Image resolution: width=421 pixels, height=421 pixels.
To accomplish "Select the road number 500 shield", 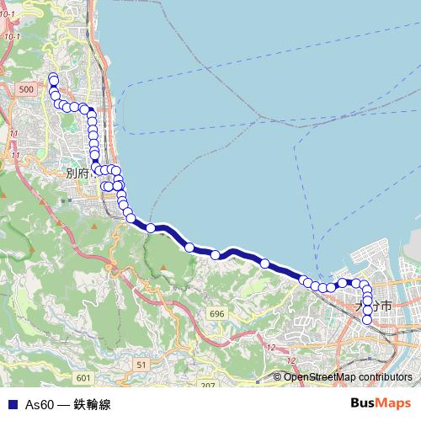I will (x=27, y=89).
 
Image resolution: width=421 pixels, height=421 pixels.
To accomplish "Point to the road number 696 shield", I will (x=217, y=313).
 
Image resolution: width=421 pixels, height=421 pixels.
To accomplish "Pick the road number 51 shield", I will (x=141, y=364).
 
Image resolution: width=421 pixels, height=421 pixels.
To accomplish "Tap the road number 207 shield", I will (x=207, y=385).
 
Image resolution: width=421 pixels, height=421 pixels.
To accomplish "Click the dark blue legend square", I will (x=12, y=405).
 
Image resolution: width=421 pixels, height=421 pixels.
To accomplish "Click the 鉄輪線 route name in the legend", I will (x=92, y=405).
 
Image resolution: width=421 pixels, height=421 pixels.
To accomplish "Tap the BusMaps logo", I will (x=381, y=404).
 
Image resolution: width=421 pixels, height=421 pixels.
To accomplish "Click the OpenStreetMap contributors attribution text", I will (x=347, y=377).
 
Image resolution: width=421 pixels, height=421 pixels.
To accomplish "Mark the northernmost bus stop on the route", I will (x=53, y=78).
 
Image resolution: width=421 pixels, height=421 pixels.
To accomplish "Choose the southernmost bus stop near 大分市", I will (x=367, y=319).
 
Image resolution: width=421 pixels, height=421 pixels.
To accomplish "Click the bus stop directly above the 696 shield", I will (x=216, y=254).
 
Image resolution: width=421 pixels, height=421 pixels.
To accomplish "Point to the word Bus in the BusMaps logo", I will (x=364, y=404).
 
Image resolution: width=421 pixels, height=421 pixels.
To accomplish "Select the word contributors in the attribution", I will (x=384, y=377).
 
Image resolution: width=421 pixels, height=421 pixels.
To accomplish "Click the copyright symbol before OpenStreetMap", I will (x=278, y=377).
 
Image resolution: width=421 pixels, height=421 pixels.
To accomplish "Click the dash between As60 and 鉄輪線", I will (x=64, y=405).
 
